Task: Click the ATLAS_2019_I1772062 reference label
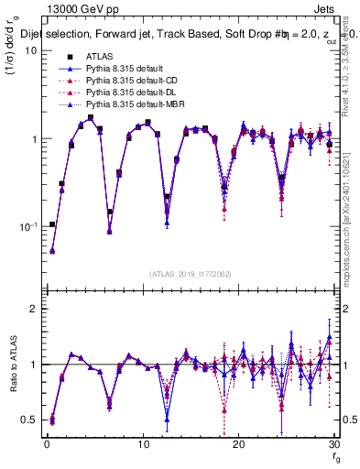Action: [190, 273]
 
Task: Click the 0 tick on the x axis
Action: [47, 444]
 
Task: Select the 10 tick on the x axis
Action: [143, 444]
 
